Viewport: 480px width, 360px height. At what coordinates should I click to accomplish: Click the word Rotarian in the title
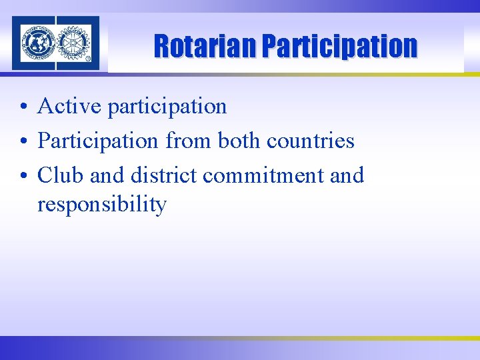205,47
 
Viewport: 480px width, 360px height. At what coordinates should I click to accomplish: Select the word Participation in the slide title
339,47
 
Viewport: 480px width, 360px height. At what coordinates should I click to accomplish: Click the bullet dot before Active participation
23,107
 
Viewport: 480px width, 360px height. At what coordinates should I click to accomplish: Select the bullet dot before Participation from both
23,141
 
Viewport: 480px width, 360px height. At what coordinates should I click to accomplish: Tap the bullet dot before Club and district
23,176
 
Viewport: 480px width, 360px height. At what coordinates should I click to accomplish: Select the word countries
311,141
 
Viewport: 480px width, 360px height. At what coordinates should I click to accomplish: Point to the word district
163,175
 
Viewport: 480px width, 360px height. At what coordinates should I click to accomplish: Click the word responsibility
102,205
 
